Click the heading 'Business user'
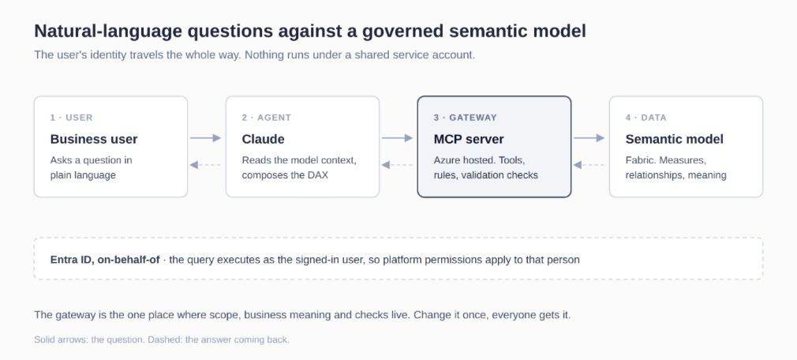click(x=94, y=139)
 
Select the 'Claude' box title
click(x=263, y=139)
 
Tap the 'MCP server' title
click(x=469, y=139)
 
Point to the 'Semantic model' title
click(x=674, y=139)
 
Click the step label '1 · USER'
click(x=71, y=118)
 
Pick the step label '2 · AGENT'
click(x=267, y=118)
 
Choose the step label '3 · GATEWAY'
click(x=465, y=118)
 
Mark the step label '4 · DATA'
click(x=645, y=118)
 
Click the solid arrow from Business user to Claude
click(x=206, y=138)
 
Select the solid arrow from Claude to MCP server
click(x=398, y=138)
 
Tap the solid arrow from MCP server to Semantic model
click(x=589, y=138)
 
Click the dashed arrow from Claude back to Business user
click(x=205, y=165)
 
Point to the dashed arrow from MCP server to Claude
click(x=397, y=165)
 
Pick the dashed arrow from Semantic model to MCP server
click(x=589, y=165)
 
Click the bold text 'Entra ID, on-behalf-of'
click(x=105, y=260)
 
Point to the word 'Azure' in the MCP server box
click(x=445, y=161)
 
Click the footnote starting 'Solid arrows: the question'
click(x=162, y=339)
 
